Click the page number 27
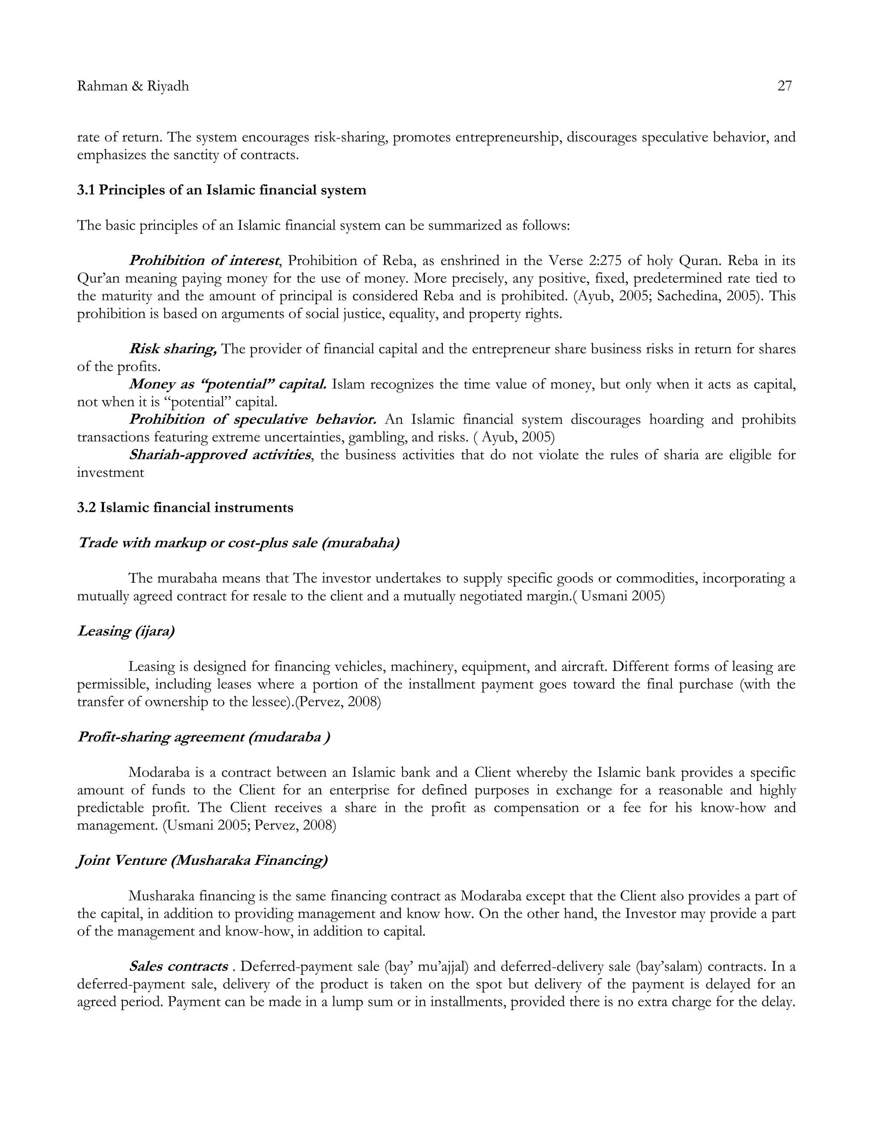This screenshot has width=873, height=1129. [784, 86]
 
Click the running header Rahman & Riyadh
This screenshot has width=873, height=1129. [133, 86]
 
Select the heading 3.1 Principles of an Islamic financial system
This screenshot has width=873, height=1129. [221, 190]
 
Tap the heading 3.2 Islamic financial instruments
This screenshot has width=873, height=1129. [185, 508]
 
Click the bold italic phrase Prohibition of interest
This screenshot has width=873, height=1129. [204, 261]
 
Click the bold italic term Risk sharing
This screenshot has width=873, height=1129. [173, 349]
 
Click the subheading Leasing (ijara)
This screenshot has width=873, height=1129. [126, 631]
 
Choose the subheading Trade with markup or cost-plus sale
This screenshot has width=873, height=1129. [238, 543]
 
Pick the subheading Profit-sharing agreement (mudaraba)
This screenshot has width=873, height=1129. [203, 737]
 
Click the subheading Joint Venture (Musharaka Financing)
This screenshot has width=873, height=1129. [202, 861]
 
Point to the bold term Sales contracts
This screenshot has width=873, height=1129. [179, 967]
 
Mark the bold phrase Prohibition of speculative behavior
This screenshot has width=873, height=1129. [252, 420]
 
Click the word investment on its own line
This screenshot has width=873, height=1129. [110, 472]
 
